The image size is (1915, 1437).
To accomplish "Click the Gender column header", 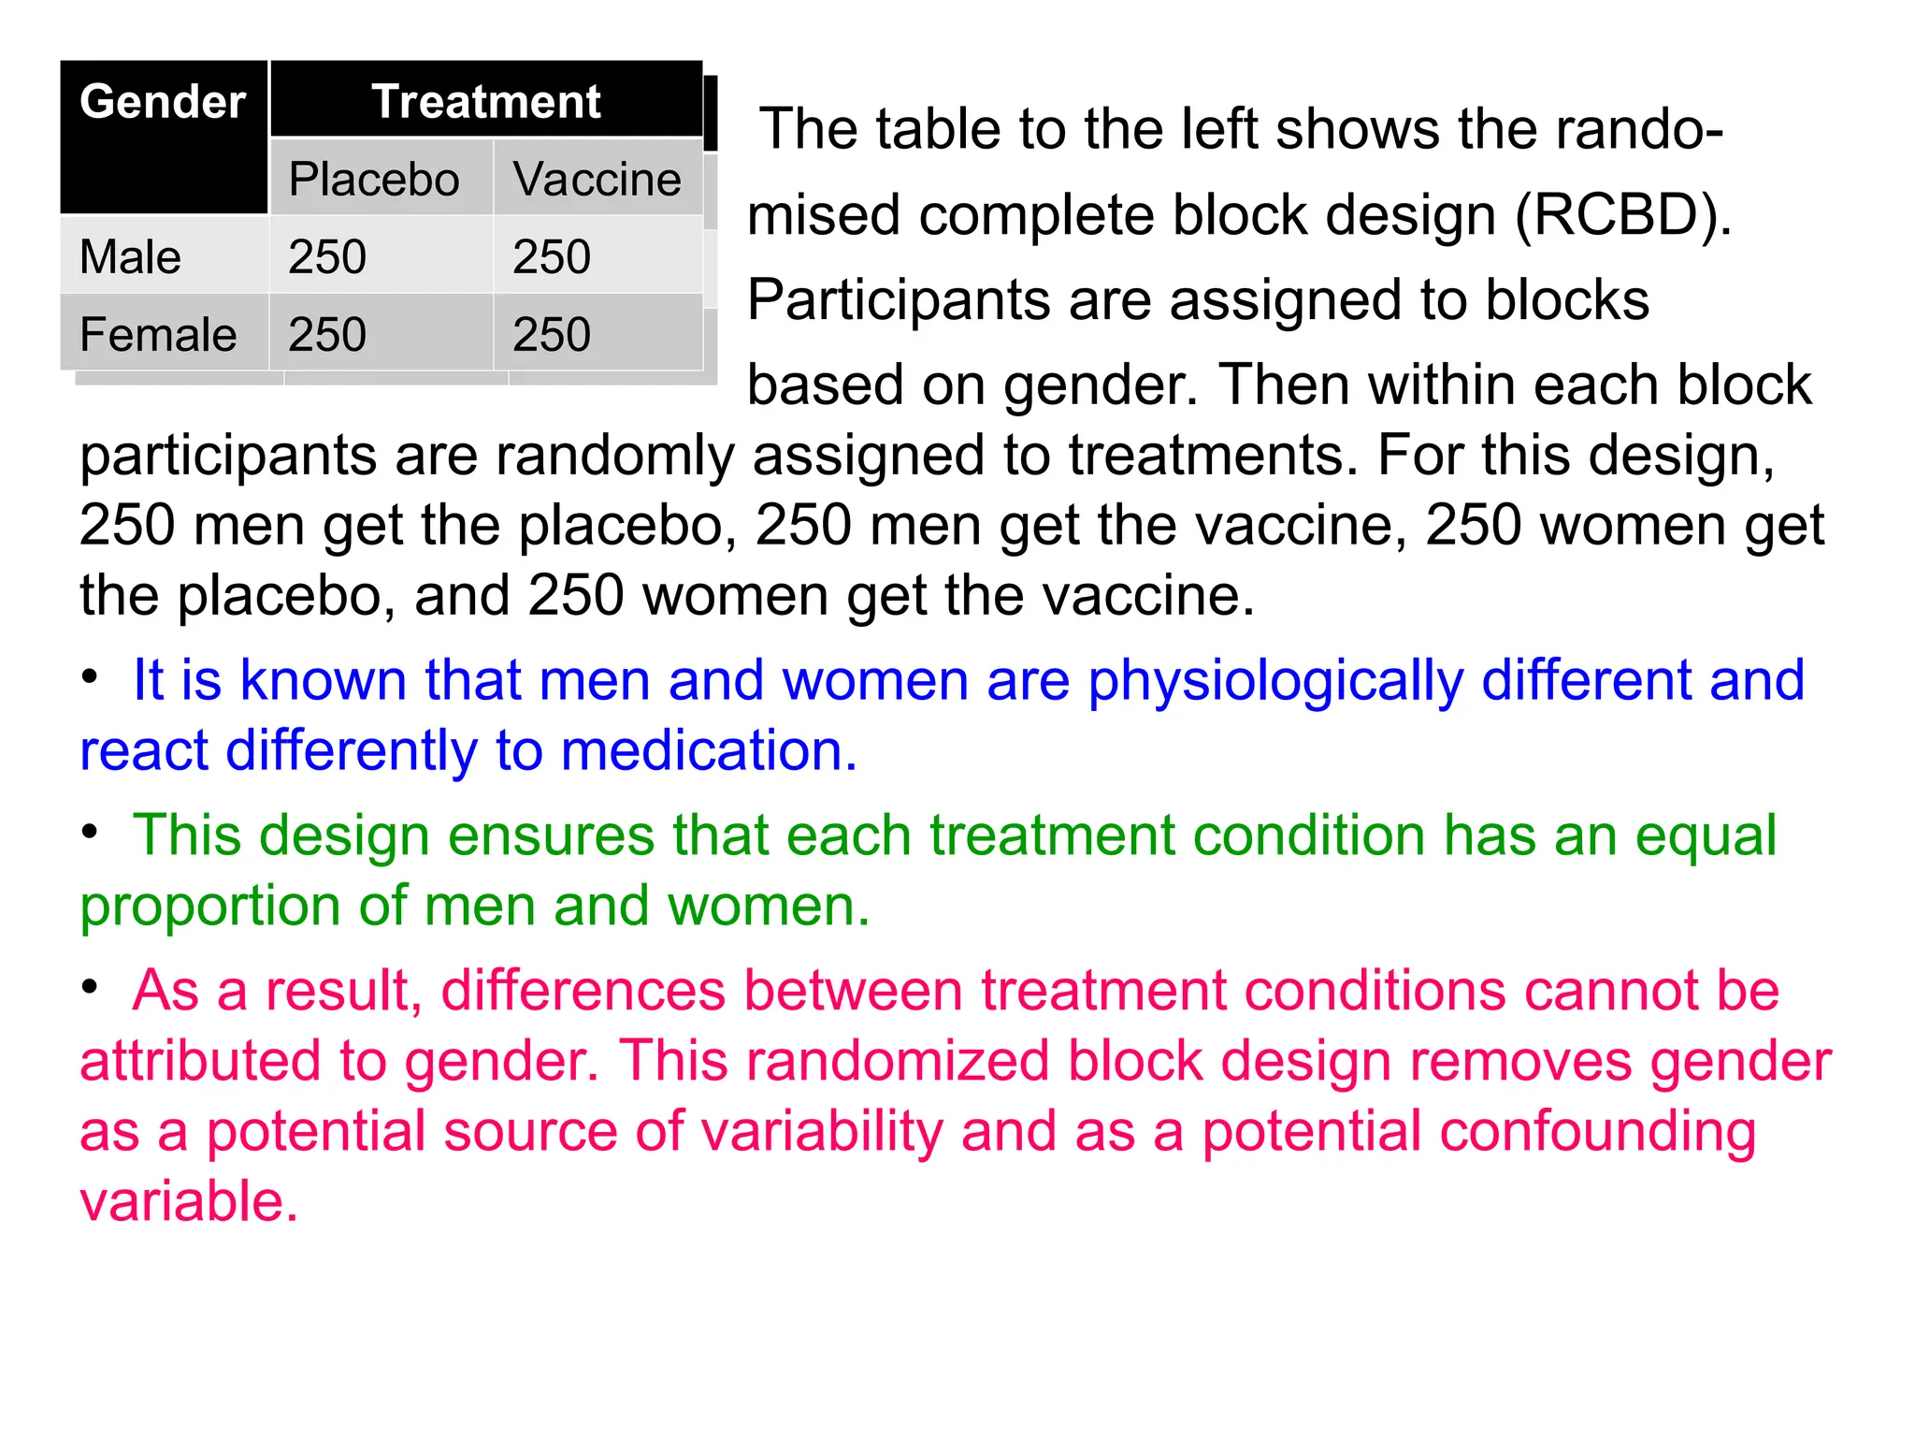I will [163, 102].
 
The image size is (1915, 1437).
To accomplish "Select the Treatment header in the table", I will [486, 102].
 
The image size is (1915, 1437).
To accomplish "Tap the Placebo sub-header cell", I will [374, 179].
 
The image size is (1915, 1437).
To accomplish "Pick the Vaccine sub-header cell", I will [597, 179].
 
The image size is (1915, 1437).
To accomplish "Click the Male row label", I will [131, 256].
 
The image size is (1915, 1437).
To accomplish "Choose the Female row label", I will [158, 334].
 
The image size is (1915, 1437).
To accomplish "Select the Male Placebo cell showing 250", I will [327, 256].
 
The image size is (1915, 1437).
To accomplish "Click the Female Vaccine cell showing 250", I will [552, 334].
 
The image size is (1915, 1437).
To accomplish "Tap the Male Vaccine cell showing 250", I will [552, 256].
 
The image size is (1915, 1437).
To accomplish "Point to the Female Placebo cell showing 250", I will [327, 334].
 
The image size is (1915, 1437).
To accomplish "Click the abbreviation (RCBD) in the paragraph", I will [1623, 215].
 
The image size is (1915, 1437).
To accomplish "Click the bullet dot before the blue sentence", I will [90, 676].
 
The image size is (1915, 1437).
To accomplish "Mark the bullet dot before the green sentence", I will [90, 832].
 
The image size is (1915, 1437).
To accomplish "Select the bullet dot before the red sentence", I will [90, 987].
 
